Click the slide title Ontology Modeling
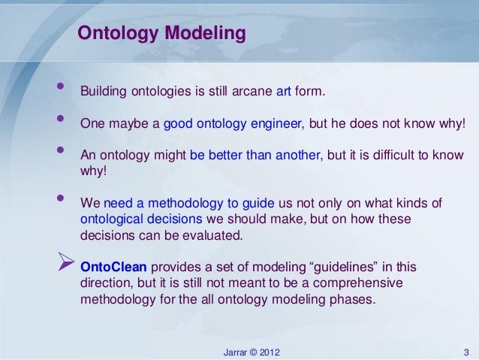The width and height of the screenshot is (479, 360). (162, 35)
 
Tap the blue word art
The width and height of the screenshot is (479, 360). (284, 92)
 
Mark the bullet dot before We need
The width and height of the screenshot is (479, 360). (59, 199)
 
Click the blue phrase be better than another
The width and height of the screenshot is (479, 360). (255, 156)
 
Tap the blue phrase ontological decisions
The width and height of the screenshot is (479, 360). (140, 219)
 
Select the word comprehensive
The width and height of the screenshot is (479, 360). (354, 283)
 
